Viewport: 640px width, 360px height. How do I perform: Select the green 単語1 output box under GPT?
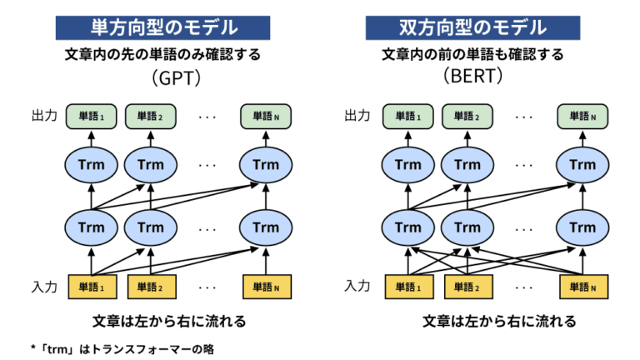(92, 117)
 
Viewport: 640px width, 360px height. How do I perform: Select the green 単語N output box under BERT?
(581, 117)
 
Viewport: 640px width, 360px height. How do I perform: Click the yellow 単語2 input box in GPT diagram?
(151, 287)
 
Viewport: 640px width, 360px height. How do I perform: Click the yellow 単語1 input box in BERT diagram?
(408, 287)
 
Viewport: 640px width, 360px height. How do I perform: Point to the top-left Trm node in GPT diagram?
(92, 164)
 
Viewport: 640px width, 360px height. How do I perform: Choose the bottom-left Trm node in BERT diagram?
(408, 227)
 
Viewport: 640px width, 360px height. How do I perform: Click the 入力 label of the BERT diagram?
(358, 287)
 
